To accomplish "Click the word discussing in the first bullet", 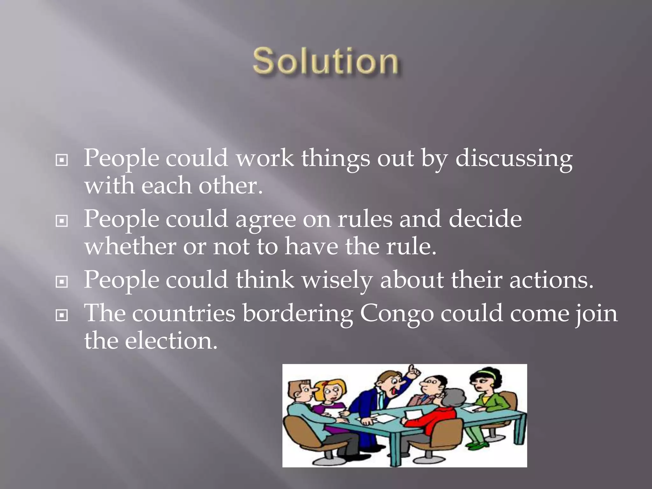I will pyautogui.click(x=514, y=158).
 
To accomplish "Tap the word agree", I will pyautogui.click(x=266, y=219).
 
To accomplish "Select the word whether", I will pyautogui.click(x=130, y=246).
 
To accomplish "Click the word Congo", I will pyautogui.click(x=397, y=314).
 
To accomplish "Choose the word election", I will pyautogui.click(x=171, y=341).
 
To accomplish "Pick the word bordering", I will pyautogui.click(x=298, y=314).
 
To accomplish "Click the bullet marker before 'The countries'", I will pyautogui.click(x=61, y=315).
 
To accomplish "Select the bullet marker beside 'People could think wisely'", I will pyautogui.click(x=61, y=281).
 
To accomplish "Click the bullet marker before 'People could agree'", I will pyautogui.click(x=61, y=221).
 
